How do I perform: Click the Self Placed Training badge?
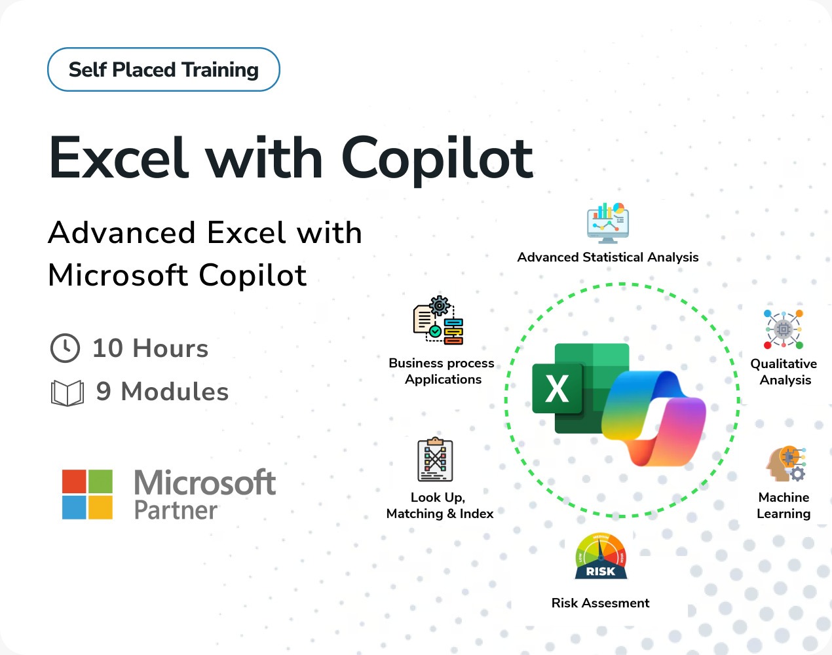pyautogui.click(x=164, y=69)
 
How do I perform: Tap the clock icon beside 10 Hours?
pyautogui.click(x=65, y=348)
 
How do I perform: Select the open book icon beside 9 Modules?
pyautogui.click(x=67, y=393)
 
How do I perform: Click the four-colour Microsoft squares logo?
pyautogui.click(x=87, y=494)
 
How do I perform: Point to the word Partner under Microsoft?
pyautogui.click(x=176, y=510)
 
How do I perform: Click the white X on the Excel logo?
pyautogui.click(x=557, y=388)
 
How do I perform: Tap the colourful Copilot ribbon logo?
pyautogui.click(x=654, y=418)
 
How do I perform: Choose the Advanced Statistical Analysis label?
pyautogui.click(x=608, y=257)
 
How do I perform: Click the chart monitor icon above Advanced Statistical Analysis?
pyautogui.click(x=608, y=223)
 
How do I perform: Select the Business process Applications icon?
pyautogui.click(x=438, y=320)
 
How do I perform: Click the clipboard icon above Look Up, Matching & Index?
pyautogui.click(x=436, y=460)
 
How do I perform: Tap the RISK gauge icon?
pyautogui.click(x=601, y=556)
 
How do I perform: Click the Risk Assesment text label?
pyautogui.click(x=601, y=603)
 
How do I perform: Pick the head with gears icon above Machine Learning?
pyautogui.click(x=786, y=464)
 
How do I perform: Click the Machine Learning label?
pyautogui.click(x=784, y=506)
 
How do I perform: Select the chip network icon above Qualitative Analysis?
pyautogui.click(x=784, y=329)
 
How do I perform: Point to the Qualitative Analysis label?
pyautogui.click(x=784, y=372)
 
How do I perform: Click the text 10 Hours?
pyautogui.click(x=151, y=348)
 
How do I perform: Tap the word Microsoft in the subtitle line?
pyautogui.click(x=117, y=275)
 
